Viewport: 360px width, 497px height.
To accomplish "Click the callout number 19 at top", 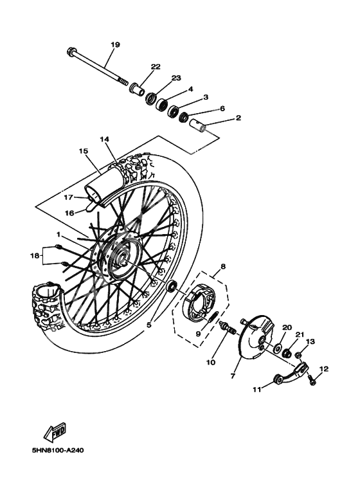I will pyautogui.click(x=115, y=44).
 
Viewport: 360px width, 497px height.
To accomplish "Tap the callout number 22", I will pyautogui.click(x=156, y=66).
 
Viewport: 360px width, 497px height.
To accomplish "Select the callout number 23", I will pyautogui.click(x=175, y=78).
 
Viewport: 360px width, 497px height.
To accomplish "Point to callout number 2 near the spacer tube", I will pyautogui.click(x=221, y=118).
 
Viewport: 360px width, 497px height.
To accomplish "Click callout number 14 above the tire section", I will pyautogui.click(x=104, y=139).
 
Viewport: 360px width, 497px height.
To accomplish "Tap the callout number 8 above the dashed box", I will pyautogui.click(x=223, y=266).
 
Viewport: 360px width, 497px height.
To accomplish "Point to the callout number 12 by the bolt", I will pyautogui.click(x=323, y=369).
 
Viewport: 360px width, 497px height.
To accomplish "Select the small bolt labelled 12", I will pyautogui.click(x=312, y=381).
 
